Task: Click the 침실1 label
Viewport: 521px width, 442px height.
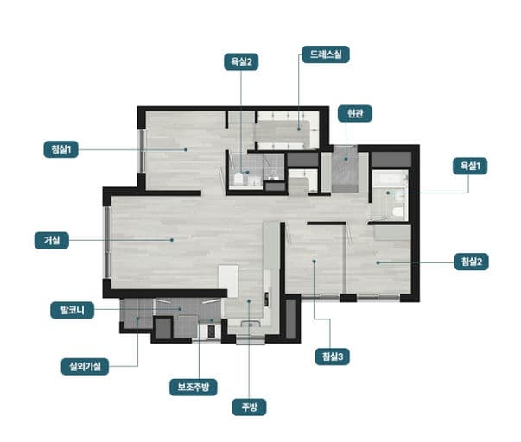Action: click(x=61, y=149)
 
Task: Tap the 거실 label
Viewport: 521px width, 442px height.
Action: click(x=52, y=240)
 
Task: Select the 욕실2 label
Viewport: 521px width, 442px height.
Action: click(x=241, y=62)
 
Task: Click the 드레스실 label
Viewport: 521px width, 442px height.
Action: click(x=326, y=54)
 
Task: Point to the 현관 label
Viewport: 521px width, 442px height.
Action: click(x=355, y=114)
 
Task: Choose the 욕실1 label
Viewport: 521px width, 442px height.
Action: click(x=470, y=166)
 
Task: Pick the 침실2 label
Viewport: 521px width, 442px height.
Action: click(x=471, y=262)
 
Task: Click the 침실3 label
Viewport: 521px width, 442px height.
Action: click(x=333, y=357)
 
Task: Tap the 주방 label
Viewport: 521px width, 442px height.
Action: click(x=249, y=407)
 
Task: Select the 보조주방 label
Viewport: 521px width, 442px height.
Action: click(x=194, y=388)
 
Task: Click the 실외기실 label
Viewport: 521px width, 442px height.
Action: click(x=85, y=367)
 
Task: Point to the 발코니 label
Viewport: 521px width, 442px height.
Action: click(x=72, y=311)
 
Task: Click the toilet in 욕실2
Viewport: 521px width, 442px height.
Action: click(x=238, y=179)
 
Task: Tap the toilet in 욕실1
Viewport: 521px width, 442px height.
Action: click(x=397, y=212)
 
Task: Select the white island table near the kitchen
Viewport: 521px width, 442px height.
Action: click(x=228, y=281)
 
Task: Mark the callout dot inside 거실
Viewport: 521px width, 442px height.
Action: click(x=172, y=240)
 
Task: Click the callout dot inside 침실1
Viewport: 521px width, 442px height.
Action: click(x=186, y=149)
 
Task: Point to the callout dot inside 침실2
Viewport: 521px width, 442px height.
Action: click(x=378, y=262)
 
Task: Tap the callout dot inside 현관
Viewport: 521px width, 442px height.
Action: click(x=346, y=159)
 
